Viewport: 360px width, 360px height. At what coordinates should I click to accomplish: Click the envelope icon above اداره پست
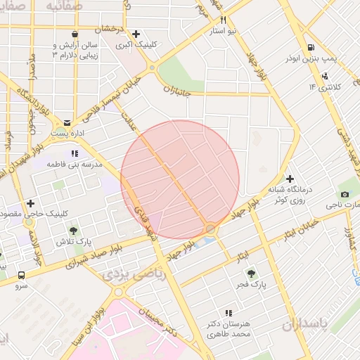[67, 122]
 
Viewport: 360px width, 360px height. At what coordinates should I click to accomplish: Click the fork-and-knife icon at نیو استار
[223, 20]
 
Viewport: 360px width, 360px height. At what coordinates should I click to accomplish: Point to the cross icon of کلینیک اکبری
[136, 33]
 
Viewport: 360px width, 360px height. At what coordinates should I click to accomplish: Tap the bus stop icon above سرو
[22, 276]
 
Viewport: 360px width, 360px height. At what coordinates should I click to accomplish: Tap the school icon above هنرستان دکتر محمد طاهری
[229, 313]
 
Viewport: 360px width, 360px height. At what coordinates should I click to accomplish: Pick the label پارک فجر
[250, 285]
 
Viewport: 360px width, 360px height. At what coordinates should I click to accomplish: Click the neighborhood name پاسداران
[304, 325]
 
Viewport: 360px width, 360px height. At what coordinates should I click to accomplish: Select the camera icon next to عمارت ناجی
[345, 194]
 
